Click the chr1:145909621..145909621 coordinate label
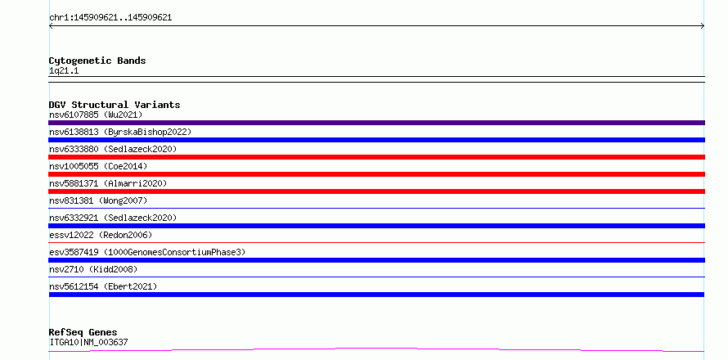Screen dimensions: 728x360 pos(110,18)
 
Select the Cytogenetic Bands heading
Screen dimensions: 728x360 pos(97,61)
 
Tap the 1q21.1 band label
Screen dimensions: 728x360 pos(64,71)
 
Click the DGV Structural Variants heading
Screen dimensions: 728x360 pos(115,105)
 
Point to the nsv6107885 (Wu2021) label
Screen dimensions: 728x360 pos(96,115)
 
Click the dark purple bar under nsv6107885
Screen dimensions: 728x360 pos(376,123)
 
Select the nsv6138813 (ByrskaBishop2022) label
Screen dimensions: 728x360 pos(120,132)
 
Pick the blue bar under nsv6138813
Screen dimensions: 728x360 pos(376,140)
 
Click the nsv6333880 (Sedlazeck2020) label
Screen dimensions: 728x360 pos(113,149)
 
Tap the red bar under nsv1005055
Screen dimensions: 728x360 pos(376,174)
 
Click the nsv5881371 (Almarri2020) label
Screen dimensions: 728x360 pos(108,183)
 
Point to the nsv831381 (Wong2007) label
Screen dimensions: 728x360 pos(98,200)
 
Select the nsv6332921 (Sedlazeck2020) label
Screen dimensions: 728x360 pos(113,218)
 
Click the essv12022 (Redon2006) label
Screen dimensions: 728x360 pos(101,235)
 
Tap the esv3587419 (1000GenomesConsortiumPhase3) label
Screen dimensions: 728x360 pos(147,252)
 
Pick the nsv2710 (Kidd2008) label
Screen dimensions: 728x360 pos(93,269)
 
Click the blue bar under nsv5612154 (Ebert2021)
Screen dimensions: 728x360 pos(376,295)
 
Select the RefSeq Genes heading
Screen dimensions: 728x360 pos(83,333)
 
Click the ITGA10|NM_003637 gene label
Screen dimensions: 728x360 pos(88,343)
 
